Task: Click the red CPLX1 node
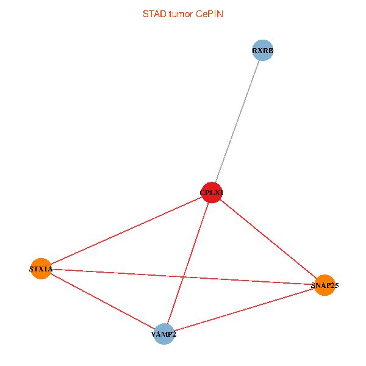coord(212,193)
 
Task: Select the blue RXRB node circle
coord(262,51)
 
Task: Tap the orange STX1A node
coord(41,269)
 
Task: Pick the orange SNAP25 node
coord(325,285)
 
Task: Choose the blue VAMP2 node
coord(163,334)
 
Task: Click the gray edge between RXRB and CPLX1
coord(237,121)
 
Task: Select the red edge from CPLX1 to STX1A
coord(126,231)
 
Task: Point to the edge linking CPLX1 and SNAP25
coord(268,239)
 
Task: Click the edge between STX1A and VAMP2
coord(102,301)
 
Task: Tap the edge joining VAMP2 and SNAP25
coord(244,309)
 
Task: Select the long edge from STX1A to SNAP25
coord(122,273)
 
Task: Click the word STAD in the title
coord(152,13)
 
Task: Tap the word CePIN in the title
coord(209,13)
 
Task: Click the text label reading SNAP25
coord(325,285)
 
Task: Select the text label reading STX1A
coord(41,269)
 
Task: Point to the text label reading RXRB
coord(262,51)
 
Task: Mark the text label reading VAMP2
coord(163,334)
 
